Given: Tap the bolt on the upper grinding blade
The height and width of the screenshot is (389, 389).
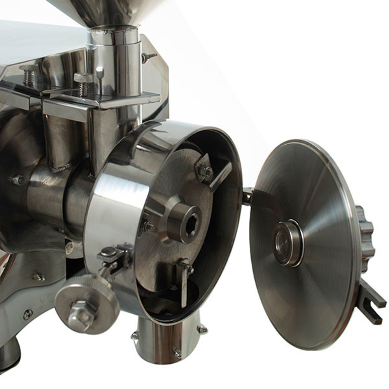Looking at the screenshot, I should (x=205, y=170).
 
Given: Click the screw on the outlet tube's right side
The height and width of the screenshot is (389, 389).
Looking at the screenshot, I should (x=202, y=329).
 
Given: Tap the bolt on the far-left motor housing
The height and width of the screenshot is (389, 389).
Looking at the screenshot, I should (x=18, y=180).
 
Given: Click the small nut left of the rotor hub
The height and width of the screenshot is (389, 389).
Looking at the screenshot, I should (x=148, y=226).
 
